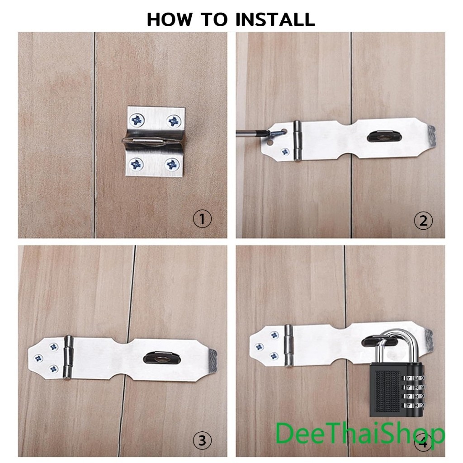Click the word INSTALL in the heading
coord(275,19)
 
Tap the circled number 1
coord(202,219)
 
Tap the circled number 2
coord(423,221)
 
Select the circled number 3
coord(202,440)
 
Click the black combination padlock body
coord(397,390)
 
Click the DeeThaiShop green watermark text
coord(359,434)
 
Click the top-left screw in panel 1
coord(137,120)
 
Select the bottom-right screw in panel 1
coord(172,165)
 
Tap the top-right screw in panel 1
coord(174,121)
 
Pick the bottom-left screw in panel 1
coord(136,164)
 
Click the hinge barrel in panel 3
coord(69,357)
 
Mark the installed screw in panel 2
coord(285,152)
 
